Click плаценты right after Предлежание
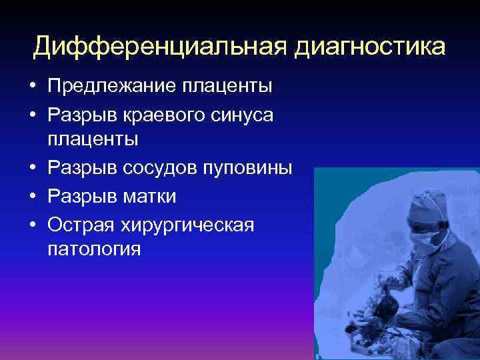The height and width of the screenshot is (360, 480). [230, 85]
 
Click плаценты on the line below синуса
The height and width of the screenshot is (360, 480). [92, 140]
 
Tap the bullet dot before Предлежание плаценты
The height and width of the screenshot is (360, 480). [32, 86]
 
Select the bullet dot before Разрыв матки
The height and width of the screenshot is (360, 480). [32, 197]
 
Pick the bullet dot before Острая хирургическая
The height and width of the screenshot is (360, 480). [32, 225]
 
